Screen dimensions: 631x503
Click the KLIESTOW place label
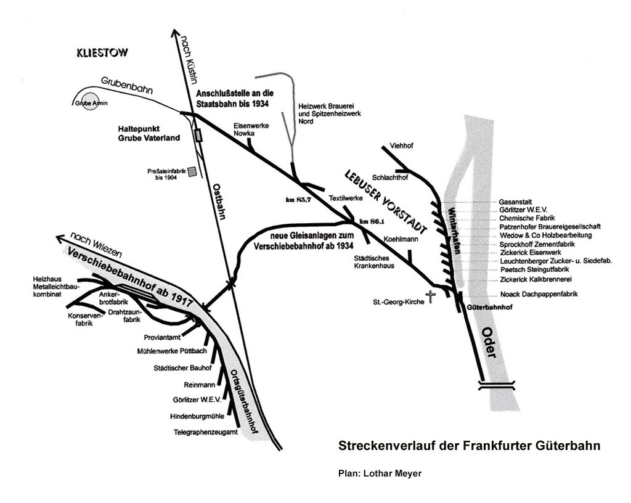(x=102, y=52)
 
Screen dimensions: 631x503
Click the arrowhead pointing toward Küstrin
(x=175, y=33)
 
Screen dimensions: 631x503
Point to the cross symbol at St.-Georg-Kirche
(x=431, y=297)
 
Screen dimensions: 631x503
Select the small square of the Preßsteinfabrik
(x=193, y=171)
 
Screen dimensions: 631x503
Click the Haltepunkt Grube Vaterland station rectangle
(x=198, y=135)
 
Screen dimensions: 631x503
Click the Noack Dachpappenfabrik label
(x=539, y=294)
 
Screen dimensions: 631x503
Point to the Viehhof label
(x=402, y=145)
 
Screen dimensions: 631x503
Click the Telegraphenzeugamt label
(x=206, y=432)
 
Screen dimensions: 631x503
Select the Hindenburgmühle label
(x=197, y=417)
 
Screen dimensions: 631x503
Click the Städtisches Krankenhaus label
(x=374, y=261)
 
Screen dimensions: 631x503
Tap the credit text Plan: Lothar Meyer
(x=380, y=473)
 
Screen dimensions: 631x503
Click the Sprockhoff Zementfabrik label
(x=537, y=244)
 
